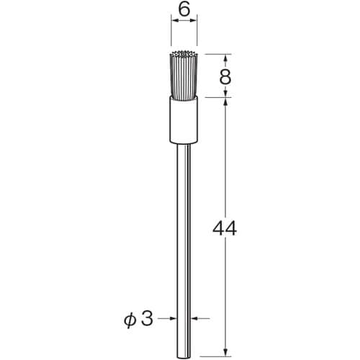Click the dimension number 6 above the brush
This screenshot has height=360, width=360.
coord(185,10)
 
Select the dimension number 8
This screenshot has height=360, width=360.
coord(225,76)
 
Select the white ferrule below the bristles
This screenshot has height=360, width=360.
coord(185,119)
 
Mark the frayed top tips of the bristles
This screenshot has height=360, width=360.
coord(185,55)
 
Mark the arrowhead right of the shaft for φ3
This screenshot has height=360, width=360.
coord(195,318)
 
